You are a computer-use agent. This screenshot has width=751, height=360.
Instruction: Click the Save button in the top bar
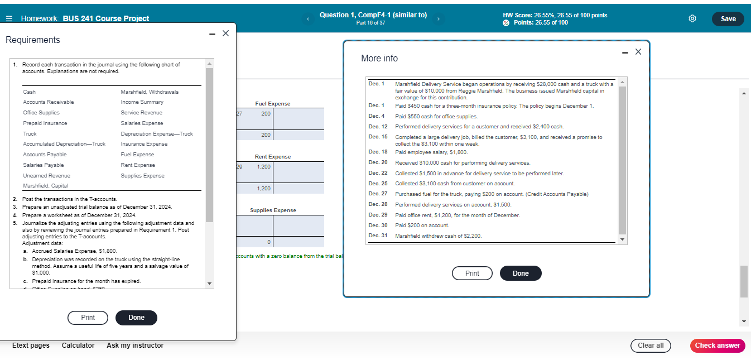728,19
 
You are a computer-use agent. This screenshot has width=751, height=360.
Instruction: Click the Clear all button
651,345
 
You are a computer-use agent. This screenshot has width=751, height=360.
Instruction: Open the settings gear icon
692,19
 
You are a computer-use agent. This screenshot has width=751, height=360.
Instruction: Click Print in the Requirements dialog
88,318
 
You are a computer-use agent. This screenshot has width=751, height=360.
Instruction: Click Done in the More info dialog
520,273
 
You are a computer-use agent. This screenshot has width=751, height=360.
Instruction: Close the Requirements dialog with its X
225,33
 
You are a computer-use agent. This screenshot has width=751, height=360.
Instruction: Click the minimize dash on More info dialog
624,52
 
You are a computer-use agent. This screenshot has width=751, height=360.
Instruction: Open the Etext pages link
31,345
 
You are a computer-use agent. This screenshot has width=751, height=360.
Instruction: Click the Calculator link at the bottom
78,345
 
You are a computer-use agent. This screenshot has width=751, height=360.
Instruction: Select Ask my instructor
135,345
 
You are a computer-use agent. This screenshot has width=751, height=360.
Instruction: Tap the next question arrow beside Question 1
439,19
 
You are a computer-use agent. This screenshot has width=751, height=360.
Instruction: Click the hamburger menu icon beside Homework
9,19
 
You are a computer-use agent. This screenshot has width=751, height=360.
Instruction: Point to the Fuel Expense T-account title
272,104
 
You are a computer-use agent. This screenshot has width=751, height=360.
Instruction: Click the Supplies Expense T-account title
273,210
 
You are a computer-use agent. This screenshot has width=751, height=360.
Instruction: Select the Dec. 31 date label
378,236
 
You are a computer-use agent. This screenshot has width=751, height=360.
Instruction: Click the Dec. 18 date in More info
378,152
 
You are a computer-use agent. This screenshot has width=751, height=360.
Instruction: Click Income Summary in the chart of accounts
142,102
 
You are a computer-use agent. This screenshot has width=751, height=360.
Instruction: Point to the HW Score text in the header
555,15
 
